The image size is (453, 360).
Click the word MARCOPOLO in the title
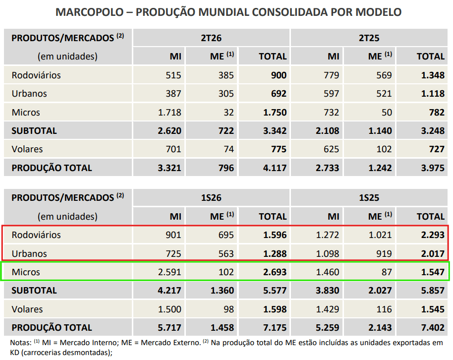click(x=90, y=12)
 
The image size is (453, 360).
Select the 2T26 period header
click(x=211, y=38)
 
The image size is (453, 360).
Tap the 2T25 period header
click(x=369, y=38)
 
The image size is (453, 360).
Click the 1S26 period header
click(x=211, y=198)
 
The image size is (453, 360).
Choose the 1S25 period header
click(x=369, y=198)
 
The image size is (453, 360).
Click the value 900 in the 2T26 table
click(x=279, y=75)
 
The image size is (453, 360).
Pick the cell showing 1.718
click(x=170, y=112)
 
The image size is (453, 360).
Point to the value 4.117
click(x=275, y=168)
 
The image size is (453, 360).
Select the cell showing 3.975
click(x=433, y=168)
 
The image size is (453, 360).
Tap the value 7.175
click(x=275, y=327)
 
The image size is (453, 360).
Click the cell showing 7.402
click(x=433, y=327)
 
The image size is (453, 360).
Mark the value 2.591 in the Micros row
click(x=170, y=272)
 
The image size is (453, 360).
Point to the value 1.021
click(x=380, y=235)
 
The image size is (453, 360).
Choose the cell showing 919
click(x=384, y=253)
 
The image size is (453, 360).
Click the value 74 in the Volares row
click(x=228, y=149)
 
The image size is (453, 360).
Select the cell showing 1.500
click(x=170, y=309)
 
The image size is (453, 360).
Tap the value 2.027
click(x=380, y=290)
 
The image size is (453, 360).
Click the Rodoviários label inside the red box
click(x=36, y=235)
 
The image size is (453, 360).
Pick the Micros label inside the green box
click(x=26, y=272)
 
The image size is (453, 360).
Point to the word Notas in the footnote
click(x=20, y=343)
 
